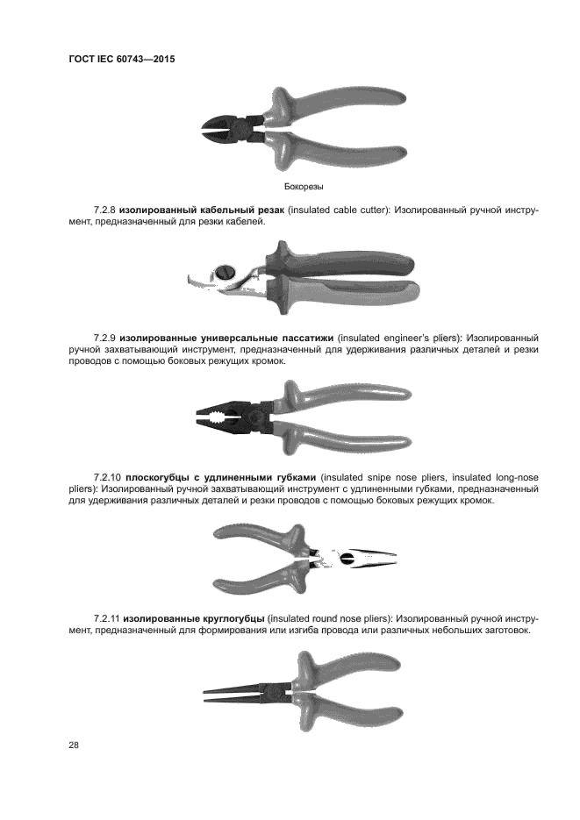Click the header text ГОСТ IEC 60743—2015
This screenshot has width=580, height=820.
[122, 59]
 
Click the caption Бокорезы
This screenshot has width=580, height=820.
[304, 186]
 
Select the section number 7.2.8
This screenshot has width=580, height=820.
[104, 210]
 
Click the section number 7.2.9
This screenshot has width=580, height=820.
[104, 338]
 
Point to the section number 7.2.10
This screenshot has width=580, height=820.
[107, 477]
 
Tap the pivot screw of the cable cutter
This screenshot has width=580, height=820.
[225, 273]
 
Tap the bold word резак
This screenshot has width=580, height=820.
[271, 210]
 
